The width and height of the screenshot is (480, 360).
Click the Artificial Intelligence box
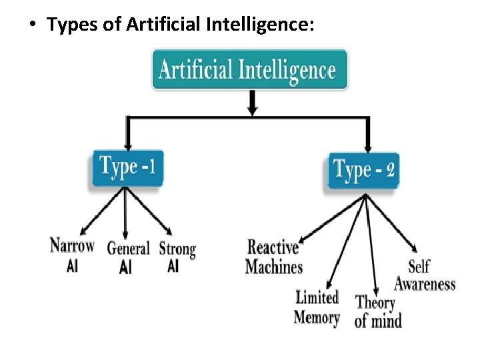tap(250, 69)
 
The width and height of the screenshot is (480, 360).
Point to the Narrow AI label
tap(72, 254)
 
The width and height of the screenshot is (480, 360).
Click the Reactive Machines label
tap(273, 257)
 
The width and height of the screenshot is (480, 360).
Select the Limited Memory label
tap(317, 307)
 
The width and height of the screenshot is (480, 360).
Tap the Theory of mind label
tap(378, 311)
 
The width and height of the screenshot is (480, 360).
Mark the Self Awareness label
tap(425, 275)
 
